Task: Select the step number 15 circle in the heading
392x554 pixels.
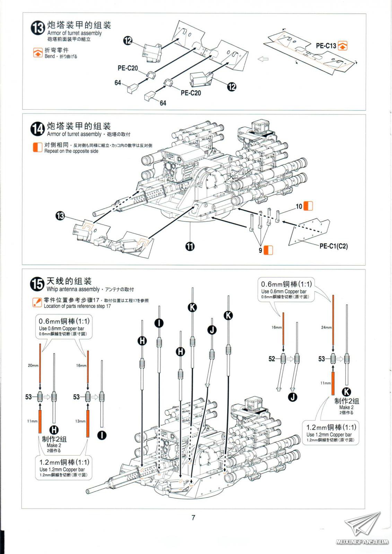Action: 37,284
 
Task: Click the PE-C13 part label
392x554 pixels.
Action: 326,45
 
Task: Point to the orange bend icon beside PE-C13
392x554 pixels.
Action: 343,45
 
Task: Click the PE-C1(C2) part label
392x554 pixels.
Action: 333,246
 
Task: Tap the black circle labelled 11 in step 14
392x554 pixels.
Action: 190,246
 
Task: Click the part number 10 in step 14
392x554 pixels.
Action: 299,206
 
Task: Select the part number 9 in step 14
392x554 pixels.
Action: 260,250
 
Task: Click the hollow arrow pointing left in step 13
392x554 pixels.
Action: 263,59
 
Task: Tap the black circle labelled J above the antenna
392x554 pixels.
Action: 212,330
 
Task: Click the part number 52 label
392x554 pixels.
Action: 272,359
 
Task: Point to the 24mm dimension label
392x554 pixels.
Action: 326,327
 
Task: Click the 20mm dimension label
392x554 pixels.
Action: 33,366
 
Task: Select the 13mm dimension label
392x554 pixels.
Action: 80,421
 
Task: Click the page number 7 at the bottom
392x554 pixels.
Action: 193,518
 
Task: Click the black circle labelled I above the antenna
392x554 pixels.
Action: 159,323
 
